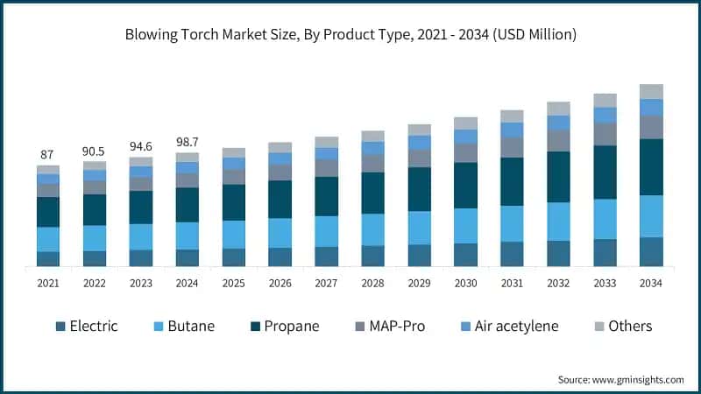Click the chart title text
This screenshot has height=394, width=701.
[x=350, y=35]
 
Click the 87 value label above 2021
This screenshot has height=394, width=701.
[x=48, y=155]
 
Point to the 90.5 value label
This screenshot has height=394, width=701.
[x=95, y=151]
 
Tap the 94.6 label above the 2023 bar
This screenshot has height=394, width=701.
[x=141, y=147]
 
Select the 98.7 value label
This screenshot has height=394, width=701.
[x=188, y=142]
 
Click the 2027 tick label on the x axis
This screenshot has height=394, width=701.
[x=327, y=283]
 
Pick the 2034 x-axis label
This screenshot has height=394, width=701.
[x=651, y=283]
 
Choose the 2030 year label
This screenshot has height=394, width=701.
[x=465, y=283]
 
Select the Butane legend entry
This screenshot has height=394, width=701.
[x=183, y=327]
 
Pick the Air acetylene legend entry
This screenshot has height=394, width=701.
[x=513, y=327]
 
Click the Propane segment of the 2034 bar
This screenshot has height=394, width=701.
[x=651, y=166]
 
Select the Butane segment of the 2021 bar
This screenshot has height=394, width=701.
[x=48, y=239]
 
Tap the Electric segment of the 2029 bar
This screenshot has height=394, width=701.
[x=420, y=255]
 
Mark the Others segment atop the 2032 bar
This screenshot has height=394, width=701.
[x=558, y=109]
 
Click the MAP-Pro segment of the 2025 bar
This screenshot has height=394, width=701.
[x=234, y=176]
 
